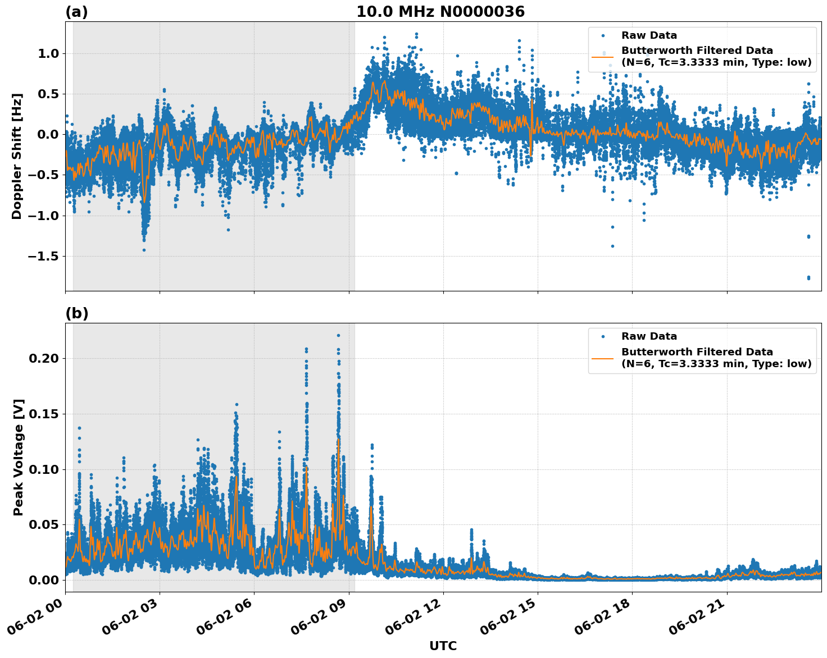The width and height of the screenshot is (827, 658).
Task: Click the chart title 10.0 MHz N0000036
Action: coord(440,12)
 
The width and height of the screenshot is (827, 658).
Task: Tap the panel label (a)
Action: coord(76,12)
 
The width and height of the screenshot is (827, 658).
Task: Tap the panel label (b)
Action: coord(76,313)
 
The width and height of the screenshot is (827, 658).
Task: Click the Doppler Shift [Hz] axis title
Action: coord(17,156)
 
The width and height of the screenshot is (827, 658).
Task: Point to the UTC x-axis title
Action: coord(443,646)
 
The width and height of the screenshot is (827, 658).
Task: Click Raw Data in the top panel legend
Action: coord(649,35)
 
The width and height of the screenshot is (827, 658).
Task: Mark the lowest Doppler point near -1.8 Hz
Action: coord(808,277)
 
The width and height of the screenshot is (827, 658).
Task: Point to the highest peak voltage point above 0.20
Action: coord(338,335)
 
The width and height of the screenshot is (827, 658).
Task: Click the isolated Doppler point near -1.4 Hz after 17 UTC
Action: coord(612,246)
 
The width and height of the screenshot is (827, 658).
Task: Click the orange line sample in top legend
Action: coord(602,56)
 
